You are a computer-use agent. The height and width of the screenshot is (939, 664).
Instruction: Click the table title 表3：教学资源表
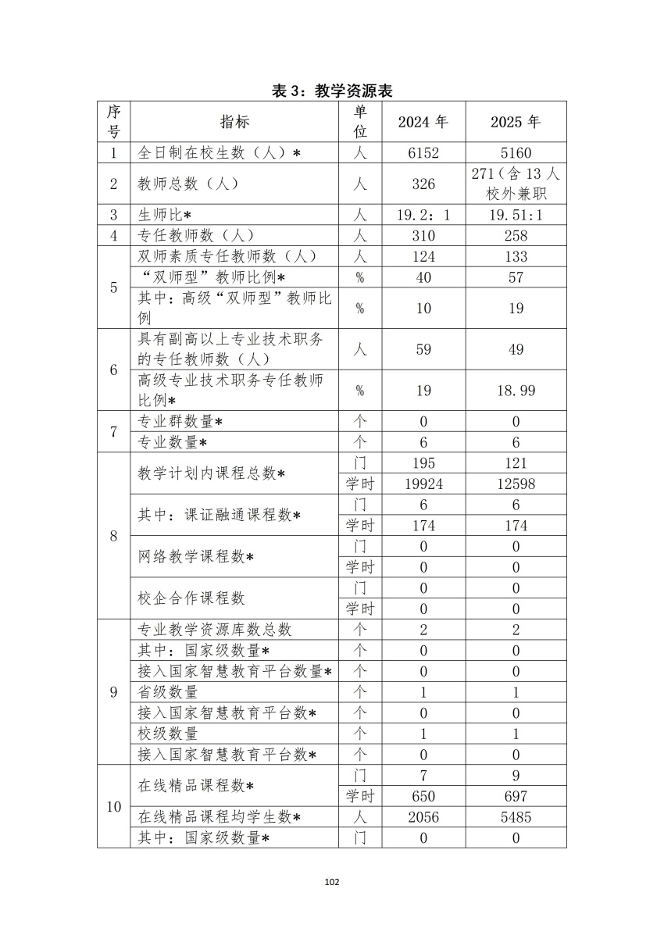(331, 91)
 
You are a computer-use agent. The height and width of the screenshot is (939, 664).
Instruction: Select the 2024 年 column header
(423, 122)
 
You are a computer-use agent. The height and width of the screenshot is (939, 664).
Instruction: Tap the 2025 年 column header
(516, 122)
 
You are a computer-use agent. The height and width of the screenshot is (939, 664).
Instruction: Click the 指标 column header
(234, 122)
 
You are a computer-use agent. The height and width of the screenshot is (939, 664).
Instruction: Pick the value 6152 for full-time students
(423, 153)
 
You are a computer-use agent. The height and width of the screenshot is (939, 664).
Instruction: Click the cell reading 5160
(516, 153)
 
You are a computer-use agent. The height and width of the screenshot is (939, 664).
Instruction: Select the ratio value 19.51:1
(516, 215)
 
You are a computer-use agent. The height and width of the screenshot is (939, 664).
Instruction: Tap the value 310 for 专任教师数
(423, 235)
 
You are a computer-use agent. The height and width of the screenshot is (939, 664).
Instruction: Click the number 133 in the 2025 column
(516, 256)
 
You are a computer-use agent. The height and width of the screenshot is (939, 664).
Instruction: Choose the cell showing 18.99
(516, 390)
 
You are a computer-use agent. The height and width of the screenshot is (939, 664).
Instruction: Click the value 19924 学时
(423, 484)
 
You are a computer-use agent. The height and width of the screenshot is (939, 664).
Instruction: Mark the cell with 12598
(516, 484)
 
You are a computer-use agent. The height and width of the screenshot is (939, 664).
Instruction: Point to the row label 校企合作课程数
(191, 598)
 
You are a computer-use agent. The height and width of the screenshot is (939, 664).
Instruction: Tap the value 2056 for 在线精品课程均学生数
(423, 817)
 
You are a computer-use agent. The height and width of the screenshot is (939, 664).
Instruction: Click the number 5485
(516, 817)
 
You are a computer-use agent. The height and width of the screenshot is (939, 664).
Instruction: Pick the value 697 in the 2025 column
(516, 796)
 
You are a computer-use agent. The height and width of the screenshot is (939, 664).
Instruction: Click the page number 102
(331, 882)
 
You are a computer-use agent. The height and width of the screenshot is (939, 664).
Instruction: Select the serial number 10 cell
(113, 806)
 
